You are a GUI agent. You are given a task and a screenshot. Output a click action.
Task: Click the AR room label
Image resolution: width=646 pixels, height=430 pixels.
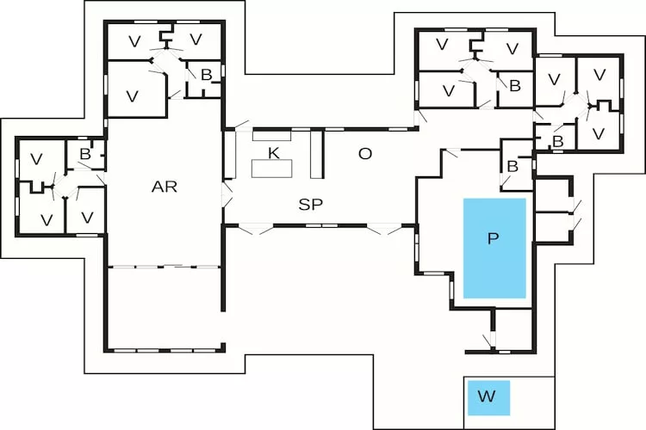tap(165, 187)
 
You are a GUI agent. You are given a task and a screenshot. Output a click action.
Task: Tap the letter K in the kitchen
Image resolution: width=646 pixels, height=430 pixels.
tap(273, 153)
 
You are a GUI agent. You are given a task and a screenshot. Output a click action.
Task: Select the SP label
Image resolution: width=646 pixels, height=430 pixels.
tap(311, 205)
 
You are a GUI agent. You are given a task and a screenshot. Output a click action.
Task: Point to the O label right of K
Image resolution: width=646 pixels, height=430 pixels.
tap(365, 154)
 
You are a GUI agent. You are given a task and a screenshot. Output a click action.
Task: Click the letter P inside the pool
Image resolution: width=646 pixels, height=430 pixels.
tap(494, 238)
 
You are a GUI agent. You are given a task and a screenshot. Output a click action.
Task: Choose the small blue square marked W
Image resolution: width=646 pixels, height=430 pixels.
tap(488, 396)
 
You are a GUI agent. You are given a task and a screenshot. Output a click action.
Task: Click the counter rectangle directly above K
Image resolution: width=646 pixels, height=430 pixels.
tap(272, 135)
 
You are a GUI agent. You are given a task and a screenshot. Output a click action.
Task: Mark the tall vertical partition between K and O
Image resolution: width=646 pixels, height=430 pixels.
tap(316, 154)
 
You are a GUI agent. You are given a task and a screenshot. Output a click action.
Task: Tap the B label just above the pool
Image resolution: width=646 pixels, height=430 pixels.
tap(512, 165)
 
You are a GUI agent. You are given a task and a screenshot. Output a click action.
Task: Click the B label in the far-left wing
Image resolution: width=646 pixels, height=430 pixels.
tap(85, 154)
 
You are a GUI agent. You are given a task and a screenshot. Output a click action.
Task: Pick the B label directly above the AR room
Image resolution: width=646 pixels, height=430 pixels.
tap(206, 76)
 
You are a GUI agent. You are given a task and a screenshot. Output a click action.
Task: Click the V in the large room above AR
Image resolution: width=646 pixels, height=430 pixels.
tap(133, 95)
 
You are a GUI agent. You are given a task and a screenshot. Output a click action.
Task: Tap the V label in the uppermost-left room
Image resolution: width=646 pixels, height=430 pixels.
tap(133, 40)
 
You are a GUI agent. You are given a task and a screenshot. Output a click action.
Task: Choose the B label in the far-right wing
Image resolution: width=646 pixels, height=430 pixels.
tap(557, 141)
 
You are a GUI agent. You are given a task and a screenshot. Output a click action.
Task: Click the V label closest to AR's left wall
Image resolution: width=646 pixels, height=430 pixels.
tap(86, 218)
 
